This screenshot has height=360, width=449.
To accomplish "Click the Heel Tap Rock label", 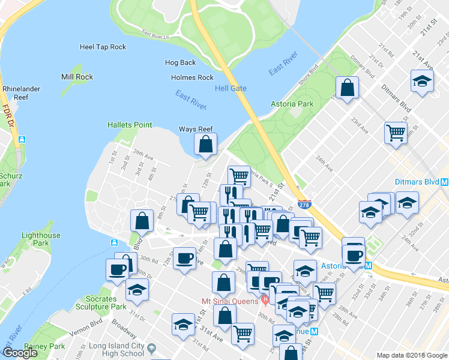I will point(103,47).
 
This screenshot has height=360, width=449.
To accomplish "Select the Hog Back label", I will point(181,62).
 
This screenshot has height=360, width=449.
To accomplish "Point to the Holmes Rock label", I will point(192,77).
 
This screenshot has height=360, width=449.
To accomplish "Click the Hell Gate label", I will point(231,89).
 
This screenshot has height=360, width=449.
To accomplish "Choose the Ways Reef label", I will point(196,129).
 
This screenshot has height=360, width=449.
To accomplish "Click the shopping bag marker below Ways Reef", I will point(205,144).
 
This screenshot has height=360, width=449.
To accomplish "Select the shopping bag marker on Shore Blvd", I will point(347,88).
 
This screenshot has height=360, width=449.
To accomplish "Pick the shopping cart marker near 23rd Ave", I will point(396,132).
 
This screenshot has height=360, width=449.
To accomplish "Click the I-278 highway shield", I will point(304,205).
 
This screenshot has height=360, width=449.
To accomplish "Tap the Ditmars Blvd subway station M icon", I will point(444,182).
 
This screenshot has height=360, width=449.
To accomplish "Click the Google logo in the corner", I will point(20,353).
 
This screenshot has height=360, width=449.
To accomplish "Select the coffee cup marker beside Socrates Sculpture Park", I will point(117,269).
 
